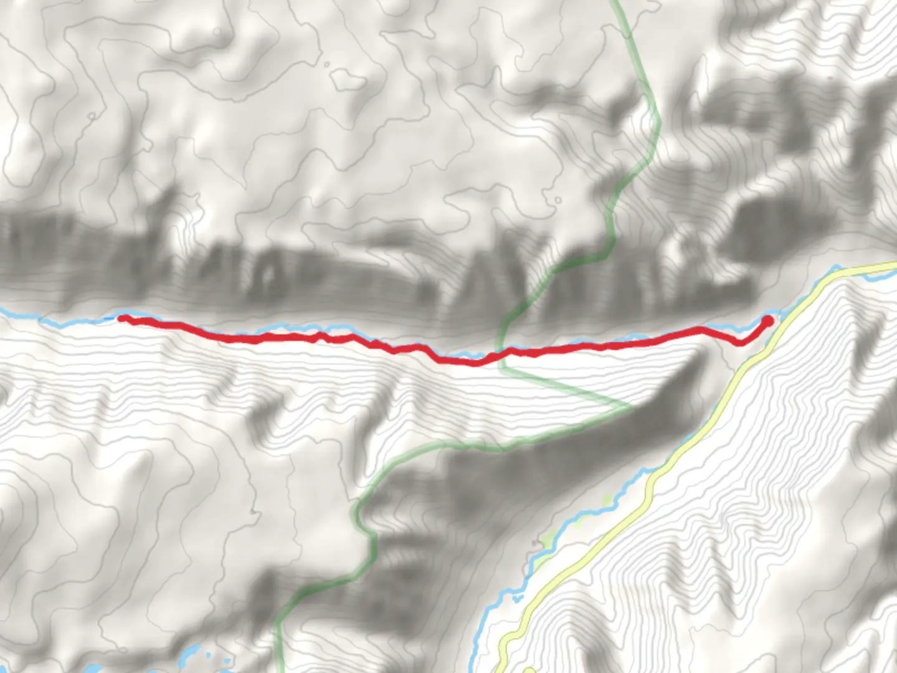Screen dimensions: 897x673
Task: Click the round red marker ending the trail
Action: click(x=767, y=320)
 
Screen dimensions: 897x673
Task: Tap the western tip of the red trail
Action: click(x=121, y=318)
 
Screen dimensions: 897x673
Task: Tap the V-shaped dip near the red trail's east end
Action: click(x=739, y=343)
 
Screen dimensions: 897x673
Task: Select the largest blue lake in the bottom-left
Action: click(x=187, y=654)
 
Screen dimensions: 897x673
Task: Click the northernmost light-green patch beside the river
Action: click(x=607, y=499)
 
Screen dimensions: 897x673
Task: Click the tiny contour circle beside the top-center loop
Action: click(x=326, y=64)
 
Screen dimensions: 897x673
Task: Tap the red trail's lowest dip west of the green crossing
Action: click(x=475, y=362)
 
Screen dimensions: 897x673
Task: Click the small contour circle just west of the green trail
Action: click(x=558, y=200)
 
